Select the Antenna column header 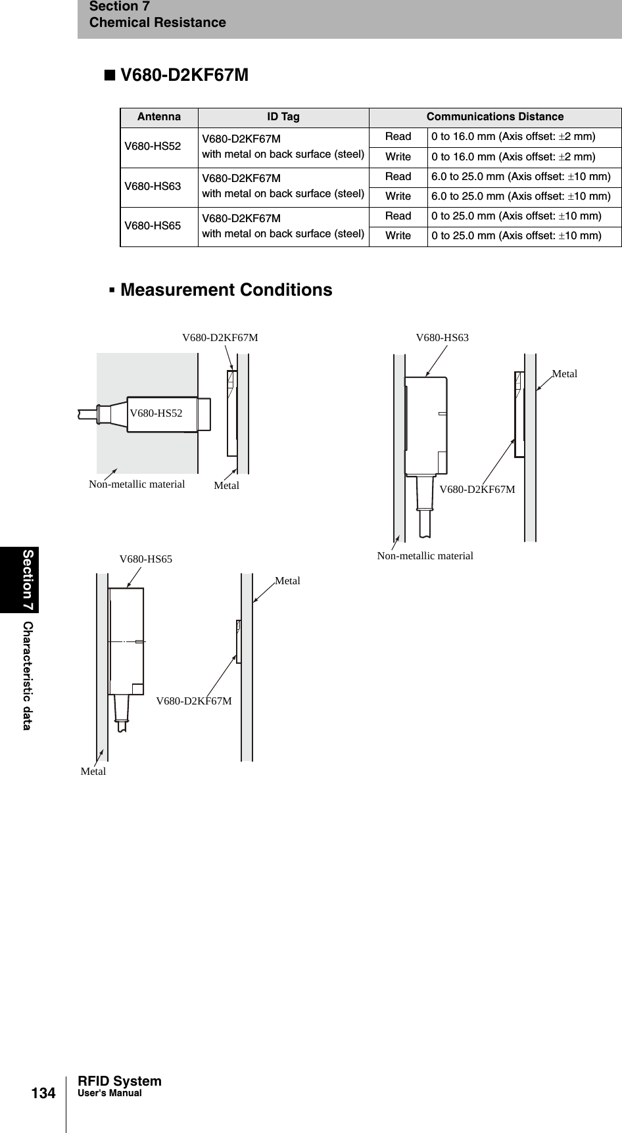[x=159, y=117]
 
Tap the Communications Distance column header [x=494, y=117]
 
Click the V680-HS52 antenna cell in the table [x=153, y=147]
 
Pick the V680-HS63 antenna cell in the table [x=153, y=187]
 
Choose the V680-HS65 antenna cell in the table [x=153, y=226]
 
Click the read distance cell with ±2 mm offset [x=513, y=137]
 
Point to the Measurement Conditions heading [x=226, y=290]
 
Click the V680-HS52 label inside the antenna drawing [x=156, y=413]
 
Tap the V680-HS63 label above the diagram [x=443, y=338]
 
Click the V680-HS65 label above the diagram [x=145, y=559]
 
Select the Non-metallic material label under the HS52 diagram [x=137, y=484]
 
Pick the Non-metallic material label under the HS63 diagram [x=425, y=556]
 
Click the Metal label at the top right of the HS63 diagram [x=564, y=374]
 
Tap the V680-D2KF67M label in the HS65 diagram [x=194, y=701]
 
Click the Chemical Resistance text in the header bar [x=157, y=23]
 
